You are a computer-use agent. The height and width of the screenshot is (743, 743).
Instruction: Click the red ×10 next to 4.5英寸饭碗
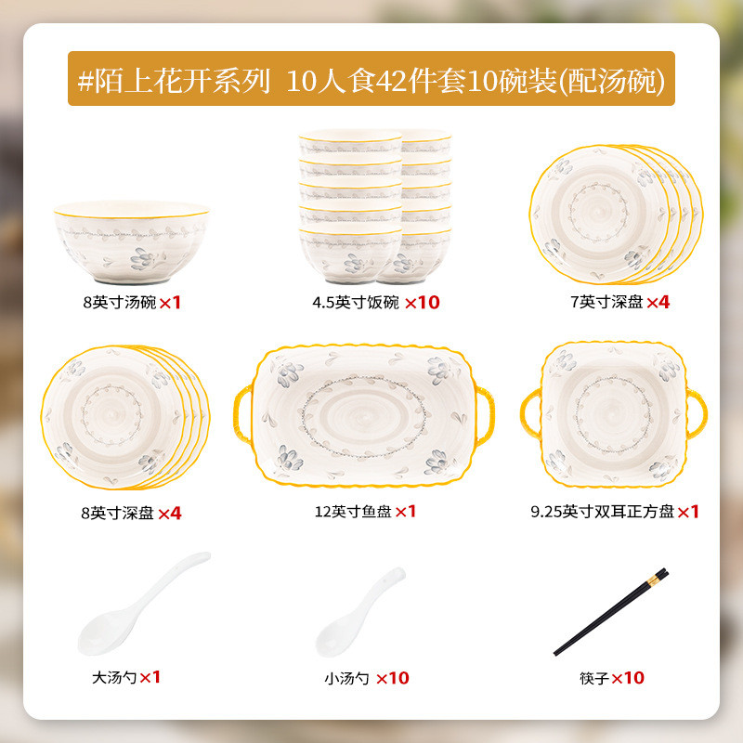[x=422, y=302]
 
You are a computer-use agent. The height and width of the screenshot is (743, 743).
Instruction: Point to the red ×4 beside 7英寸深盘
[x=658, y=302]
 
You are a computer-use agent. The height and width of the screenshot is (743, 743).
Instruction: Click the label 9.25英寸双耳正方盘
[x=596, y=512]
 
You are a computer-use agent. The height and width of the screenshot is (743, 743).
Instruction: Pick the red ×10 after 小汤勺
[x=392, y=678]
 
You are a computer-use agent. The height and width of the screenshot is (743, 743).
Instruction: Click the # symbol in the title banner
[x=87, y=81]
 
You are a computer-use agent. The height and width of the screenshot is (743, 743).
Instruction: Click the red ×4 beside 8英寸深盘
[x=169, y=512]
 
